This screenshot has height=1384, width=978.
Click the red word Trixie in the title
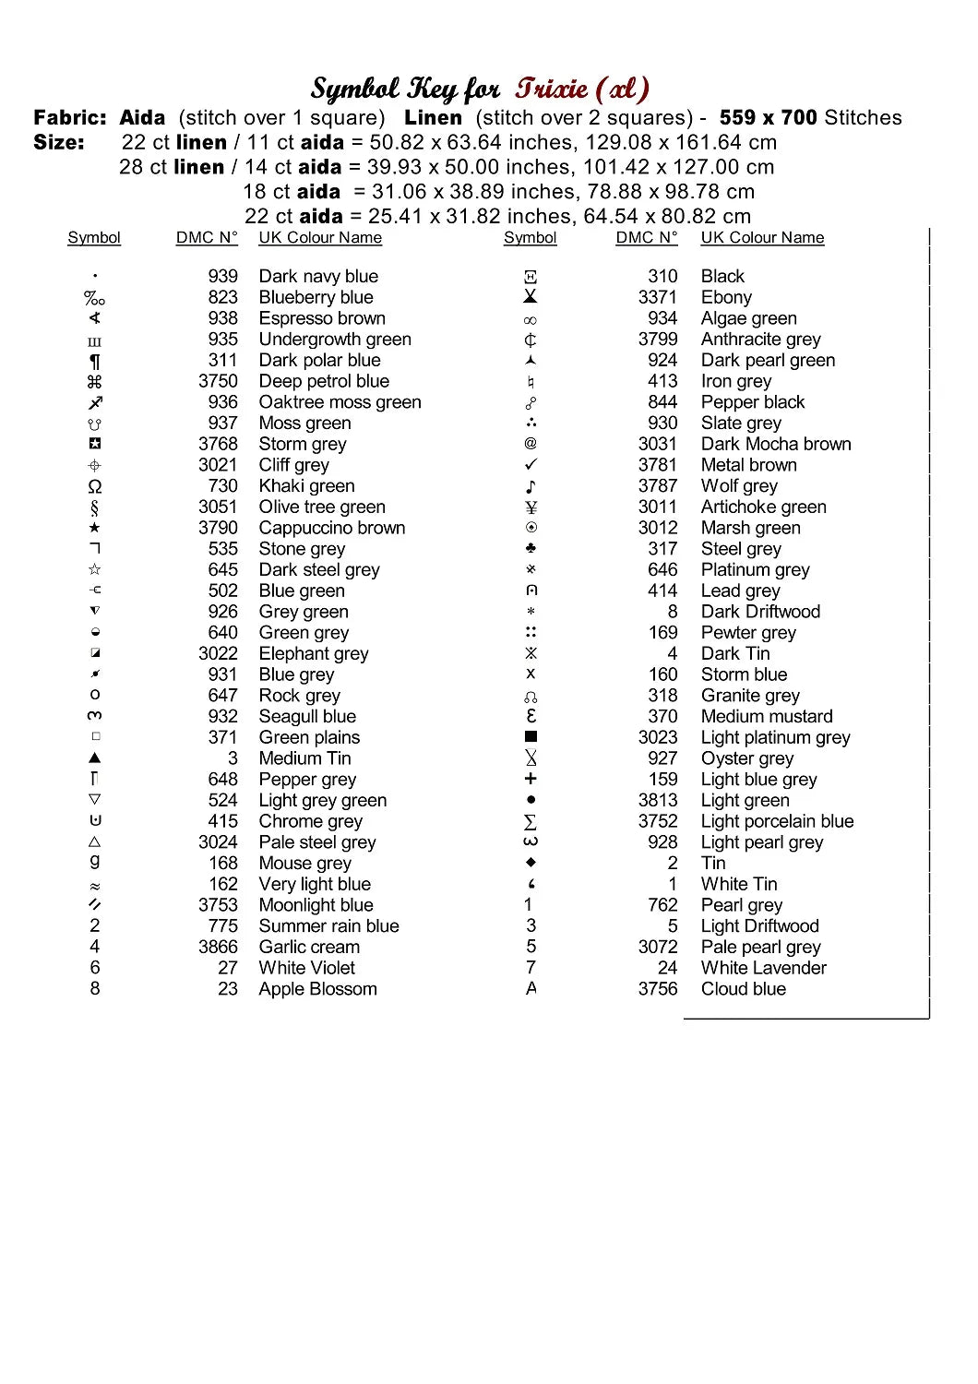pos(552,89)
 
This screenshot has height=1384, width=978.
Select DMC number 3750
pos(218,381)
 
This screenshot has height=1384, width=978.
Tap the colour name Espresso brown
pos(322,318)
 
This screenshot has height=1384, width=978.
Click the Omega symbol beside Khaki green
pos(94,486)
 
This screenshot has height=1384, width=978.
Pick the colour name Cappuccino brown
pos(331,528)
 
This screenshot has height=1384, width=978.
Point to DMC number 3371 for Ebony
pos(657,297)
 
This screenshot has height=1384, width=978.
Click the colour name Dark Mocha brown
pos(776,444)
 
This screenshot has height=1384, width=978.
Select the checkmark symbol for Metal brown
pos(531,465)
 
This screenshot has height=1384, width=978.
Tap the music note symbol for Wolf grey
pos(531,486)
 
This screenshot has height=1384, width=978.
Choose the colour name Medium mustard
pos(767,716)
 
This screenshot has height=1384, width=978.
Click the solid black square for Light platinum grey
pos(531,737)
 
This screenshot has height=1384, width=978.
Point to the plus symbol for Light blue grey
pos(531,780)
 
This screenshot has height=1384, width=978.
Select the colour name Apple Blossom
pos(317,989)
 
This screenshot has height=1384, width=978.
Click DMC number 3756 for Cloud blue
pos(657,989)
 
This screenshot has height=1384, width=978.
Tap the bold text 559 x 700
pos(768,118)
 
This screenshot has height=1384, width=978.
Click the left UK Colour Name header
pos(320,238)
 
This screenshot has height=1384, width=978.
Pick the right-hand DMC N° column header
pos(646,238)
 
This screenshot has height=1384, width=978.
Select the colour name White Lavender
pos(763,968)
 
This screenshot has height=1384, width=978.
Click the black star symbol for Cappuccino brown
pos(94,528)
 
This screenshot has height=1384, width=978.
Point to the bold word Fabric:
pos(70,118)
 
